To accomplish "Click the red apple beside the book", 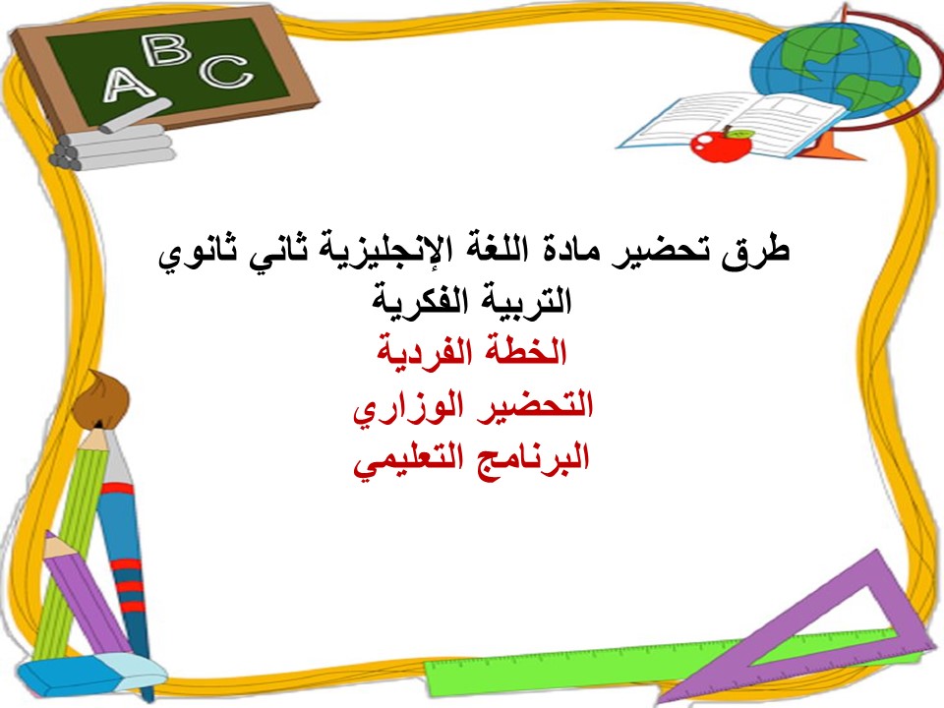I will click(x=721, y=144).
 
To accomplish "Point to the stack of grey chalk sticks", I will click(x=113, y=147).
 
